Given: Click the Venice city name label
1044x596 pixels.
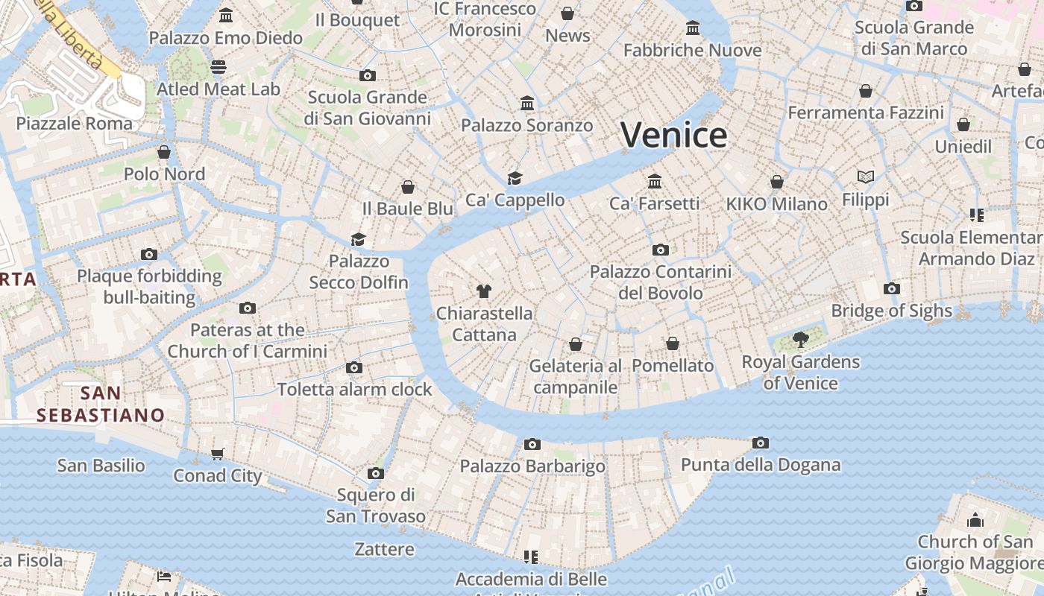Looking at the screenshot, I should pos(673,136).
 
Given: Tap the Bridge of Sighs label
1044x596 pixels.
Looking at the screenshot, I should pos(891,311).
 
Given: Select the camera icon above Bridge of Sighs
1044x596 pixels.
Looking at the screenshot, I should pos(891,289).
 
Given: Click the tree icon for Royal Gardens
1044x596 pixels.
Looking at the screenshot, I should pos(801,340).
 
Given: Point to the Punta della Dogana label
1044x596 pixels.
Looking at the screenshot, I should pos(760,466).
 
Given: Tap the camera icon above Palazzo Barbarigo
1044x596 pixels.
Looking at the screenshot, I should pos(532,445).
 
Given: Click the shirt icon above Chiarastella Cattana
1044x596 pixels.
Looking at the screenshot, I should pos(484,291).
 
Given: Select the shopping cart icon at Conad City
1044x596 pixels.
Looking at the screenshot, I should pos(217,454).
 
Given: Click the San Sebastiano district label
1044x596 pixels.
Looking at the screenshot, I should pos(101,404).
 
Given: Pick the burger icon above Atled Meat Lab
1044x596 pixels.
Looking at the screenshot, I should pos(218,67).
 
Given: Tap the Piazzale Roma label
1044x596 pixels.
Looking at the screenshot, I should pos(74,124).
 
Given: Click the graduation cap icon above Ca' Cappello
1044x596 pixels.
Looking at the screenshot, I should pos(515,178).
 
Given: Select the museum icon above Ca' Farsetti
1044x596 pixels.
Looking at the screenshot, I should pos(655,181).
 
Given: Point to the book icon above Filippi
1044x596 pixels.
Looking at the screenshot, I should pos(865,177).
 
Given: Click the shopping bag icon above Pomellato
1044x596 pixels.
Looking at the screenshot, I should pos(673,343).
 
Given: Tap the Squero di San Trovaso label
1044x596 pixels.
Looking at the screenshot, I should pos(375,505).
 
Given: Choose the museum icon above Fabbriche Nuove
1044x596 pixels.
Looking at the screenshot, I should pos(693,28).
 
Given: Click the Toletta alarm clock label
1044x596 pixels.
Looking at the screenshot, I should pos(354,390).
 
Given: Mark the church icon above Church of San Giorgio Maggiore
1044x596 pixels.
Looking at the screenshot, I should pos(975,520).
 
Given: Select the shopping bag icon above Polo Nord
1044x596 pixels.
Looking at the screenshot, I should pos(164,152).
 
